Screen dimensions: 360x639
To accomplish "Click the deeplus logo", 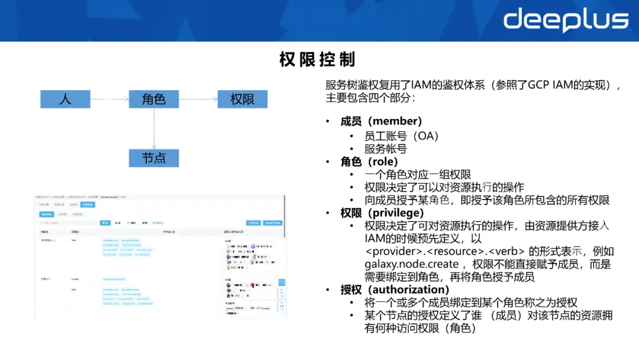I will coord(566,20).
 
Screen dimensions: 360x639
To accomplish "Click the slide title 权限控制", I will coord(317,60).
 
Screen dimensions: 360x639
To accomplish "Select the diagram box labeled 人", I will coord(65,99).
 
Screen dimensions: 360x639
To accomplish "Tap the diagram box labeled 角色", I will coord(154,99).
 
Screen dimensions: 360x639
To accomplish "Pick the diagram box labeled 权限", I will coord(242,99).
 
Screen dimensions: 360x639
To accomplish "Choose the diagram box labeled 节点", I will coord(154,158).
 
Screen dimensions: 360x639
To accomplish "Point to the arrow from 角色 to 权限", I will coord(198,99).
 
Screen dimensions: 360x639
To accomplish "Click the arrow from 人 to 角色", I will coord(109,99).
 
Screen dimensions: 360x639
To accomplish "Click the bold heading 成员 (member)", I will coord(381,121).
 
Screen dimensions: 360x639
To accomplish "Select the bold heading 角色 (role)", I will coord(369,162).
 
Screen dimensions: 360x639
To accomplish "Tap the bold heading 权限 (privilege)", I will coord(382,213).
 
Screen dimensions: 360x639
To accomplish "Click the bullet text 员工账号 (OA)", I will coord(402,136).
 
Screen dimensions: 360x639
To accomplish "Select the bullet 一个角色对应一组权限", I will coord(418,175).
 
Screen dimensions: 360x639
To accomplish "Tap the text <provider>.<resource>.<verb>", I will coord(444,251).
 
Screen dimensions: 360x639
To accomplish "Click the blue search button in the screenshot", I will coord(105,223).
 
